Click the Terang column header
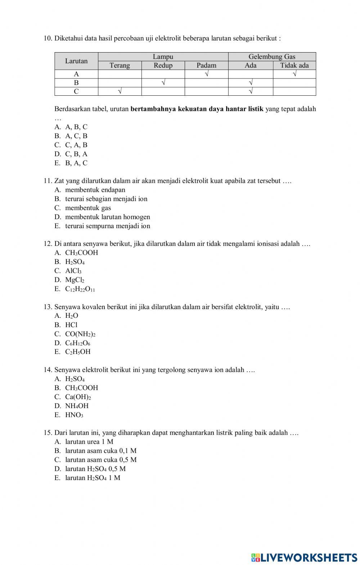[120, 65]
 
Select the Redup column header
[163, 65]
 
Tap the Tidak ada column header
[294, 65]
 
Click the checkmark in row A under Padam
[207, 74]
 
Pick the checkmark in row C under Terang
[120, 91]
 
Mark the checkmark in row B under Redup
[163, 83]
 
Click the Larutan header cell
[76, 61]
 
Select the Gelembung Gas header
[272, 56]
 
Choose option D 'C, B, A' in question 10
[76, 154]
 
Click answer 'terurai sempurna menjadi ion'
[107, 226]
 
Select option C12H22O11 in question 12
[80, 289]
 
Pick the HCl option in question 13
[71, 325]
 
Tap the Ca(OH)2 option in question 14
[78, 397]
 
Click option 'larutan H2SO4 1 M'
[93, 478]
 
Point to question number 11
[48, 181]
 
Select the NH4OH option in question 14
[77, 406]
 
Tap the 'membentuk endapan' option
[95, 190]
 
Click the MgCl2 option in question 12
[75, 280]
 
